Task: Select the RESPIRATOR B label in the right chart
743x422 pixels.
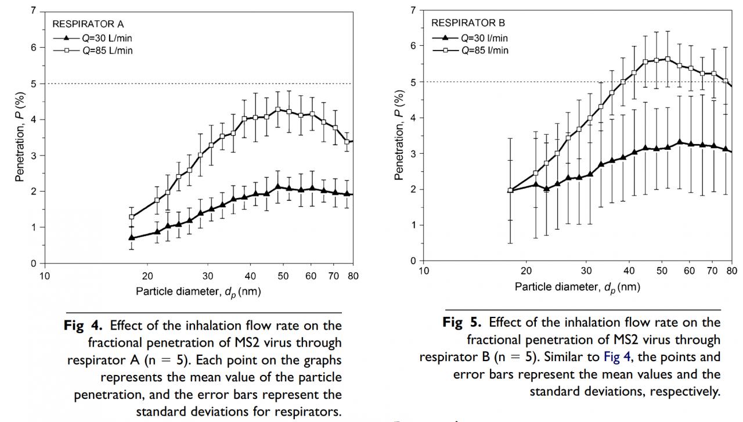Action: tap(468, 24)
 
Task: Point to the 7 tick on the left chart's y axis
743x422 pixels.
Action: tap(33, 11)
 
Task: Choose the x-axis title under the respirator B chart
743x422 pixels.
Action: tap(577, 288)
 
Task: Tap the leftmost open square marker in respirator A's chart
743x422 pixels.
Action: tap(132, 217)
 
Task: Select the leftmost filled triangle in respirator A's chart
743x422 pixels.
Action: tap(132, 237)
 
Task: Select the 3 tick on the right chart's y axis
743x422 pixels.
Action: tap(413, 153)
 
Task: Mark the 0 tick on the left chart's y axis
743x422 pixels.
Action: tap(33, 263)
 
